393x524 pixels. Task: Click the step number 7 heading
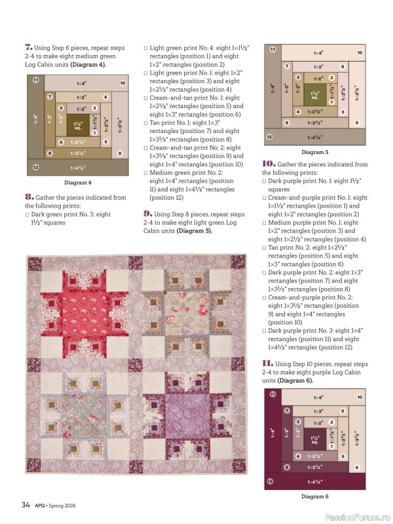click(x=29, y=47)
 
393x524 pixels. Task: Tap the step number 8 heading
click(x=29, y=196)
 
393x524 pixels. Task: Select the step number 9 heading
click(x=147, y=214)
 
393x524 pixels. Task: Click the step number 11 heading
click(x=267, y=364)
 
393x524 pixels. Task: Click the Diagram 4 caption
click(x=77, y=182)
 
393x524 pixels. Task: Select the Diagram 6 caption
click(x=314, y=496)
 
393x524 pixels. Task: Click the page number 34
click(x=26, y=504)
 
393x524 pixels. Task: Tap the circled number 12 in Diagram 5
click(x=269, y=138)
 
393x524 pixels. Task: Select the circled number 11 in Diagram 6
click(x=272, y=393)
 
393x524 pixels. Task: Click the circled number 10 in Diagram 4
click(x=122, y=84)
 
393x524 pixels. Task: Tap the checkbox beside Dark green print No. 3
click(x=28, y=214)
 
